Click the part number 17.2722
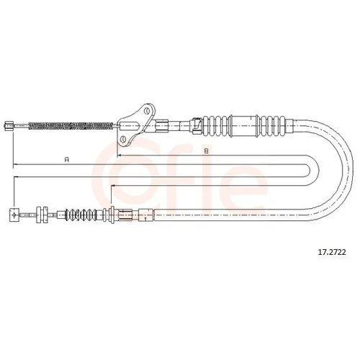(332, 252)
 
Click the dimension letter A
(67, 159)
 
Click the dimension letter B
(206, 151)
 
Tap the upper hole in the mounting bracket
(147, 111)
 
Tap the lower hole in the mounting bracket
(123, 139)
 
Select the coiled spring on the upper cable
(71, 126)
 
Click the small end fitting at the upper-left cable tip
(9, 126)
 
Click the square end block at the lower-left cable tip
(14, 215)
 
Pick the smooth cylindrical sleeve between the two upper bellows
(243, 126)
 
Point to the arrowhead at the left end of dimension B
(119, 156)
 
